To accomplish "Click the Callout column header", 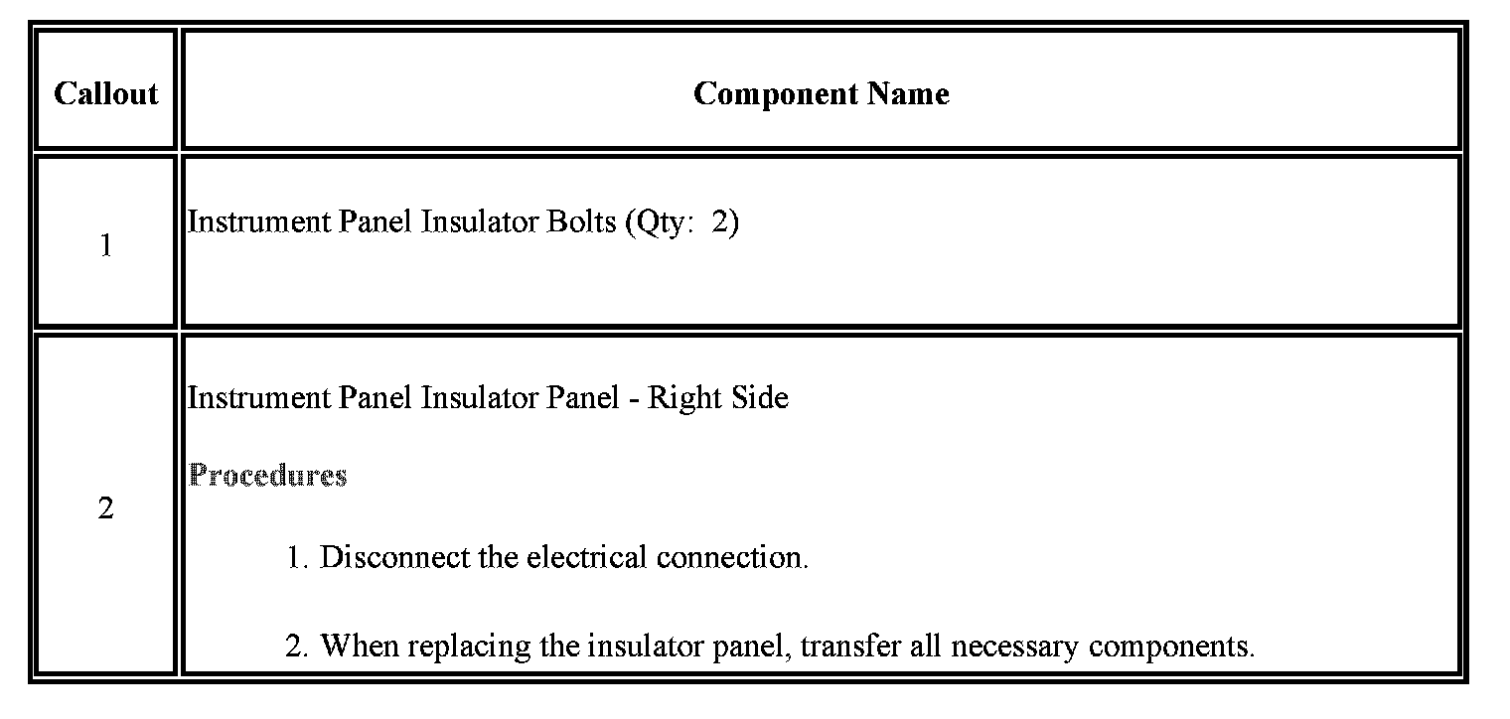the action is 105,93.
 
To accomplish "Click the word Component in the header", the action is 776,93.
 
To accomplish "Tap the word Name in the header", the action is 908,93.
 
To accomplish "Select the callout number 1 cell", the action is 105,244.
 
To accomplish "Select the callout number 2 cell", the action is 105,508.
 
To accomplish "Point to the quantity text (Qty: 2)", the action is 681,222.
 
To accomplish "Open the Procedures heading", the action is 267,475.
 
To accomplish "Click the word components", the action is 1170,647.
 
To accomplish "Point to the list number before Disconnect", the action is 297,557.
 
